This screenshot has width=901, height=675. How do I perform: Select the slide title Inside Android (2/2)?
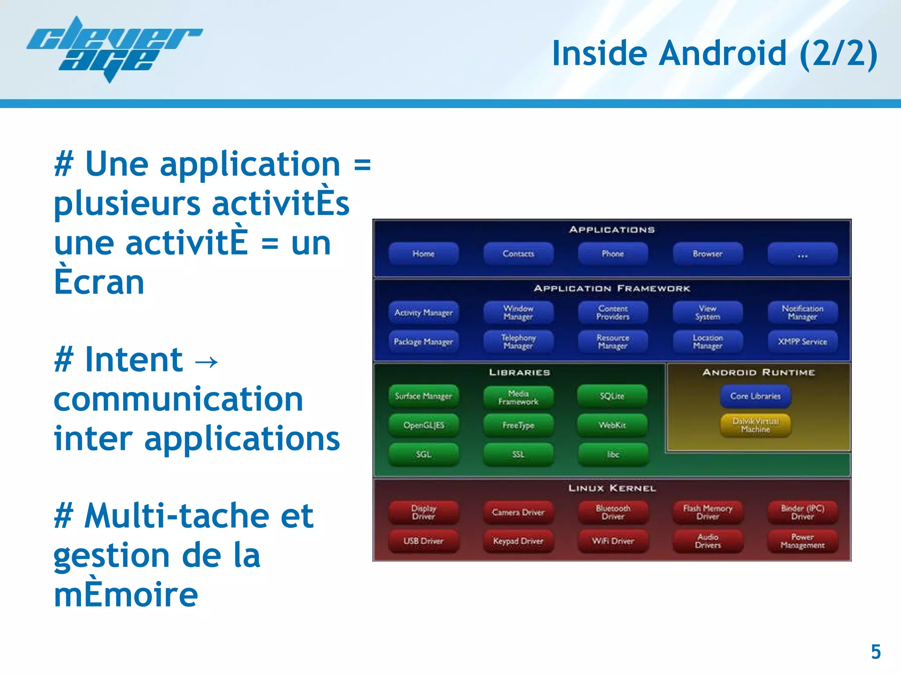[x=714, y=54]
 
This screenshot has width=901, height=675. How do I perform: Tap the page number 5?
[x=875, y=652]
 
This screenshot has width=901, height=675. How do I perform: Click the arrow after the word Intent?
[x=206, y=361]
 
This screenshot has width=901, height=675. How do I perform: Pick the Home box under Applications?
[x=423, y=254]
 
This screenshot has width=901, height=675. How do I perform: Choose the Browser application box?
[x=707, y=254]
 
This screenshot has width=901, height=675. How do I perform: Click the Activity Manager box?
[x=423, y=312]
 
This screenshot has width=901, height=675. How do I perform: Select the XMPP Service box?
[x=802, y=341]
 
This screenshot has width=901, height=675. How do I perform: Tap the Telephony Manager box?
[x=518, y=341]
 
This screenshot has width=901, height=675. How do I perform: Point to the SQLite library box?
[x=612, y=396]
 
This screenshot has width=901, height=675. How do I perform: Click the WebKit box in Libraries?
[x=612, y=425]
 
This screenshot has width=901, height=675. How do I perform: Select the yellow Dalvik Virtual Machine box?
[x=755, y=425]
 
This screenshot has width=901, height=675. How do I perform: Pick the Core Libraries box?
[x=755, y=396]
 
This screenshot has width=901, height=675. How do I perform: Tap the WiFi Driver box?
[x=613, y=541]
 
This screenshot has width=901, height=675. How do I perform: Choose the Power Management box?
[x=802, y=541]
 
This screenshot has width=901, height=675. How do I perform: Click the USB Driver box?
[x=423, y=541]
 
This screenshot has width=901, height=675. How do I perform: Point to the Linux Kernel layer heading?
[x=612, y=488]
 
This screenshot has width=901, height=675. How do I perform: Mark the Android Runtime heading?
[x=758, y=372]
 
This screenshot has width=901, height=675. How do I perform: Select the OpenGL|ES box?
[x=423, y=425]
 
